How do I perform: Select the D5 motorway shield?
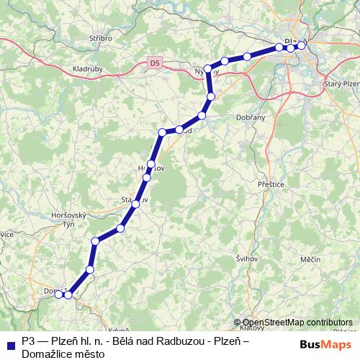[156, 63]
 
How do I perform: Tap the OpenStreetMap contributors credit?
[297, 323]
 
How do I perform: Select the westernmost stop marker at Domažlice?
[59, 294]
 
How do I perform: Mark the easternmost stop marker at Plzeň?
[302, 45]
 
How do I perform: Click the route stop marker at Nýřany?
[208, 69]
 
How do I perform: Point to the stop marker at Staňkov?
[134, 204]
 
